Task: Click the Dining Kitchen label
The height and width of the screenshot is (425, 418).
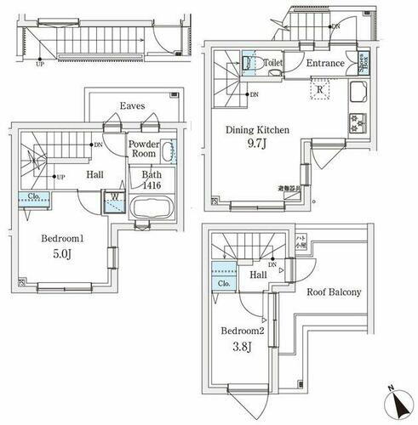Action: point(258,130)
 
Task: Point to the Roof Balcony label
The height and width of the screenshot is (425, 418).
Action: point(335,292)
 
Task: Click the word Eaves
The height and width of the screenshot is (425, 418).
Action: point(132,106)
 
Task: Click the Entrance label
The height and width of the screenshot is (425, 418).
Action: point(324,63)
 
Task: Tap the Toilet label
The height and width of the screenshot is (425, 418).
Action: point(272,63)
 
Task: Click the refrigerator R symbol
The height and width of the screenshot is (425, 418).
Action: point(319,88)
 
